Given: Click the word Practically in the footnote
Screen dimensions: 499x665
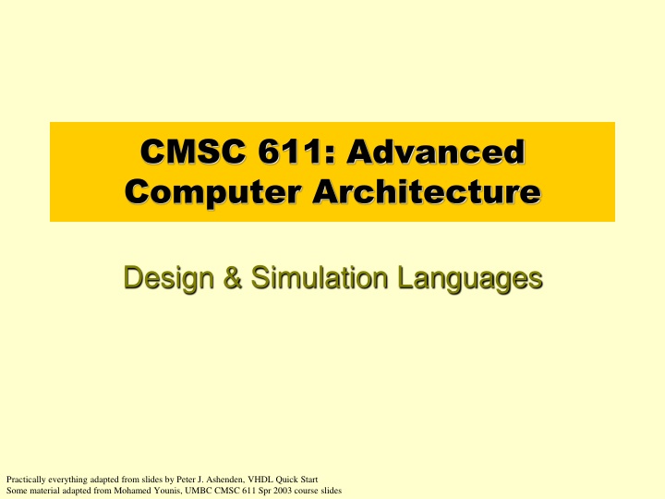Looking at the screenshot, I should coord(24,479).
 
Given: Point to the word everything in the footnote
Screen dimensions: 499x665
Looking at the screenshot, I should coord(64,479).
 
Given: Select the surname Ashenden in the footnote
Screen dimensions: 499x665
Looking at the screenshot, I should coord(222,479).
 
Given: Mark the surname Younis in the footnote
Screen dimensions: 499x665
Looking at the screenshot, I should coord(163,490).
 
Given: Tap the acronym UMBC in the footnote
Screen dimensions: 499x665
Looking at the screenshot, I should coord(195,490).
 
